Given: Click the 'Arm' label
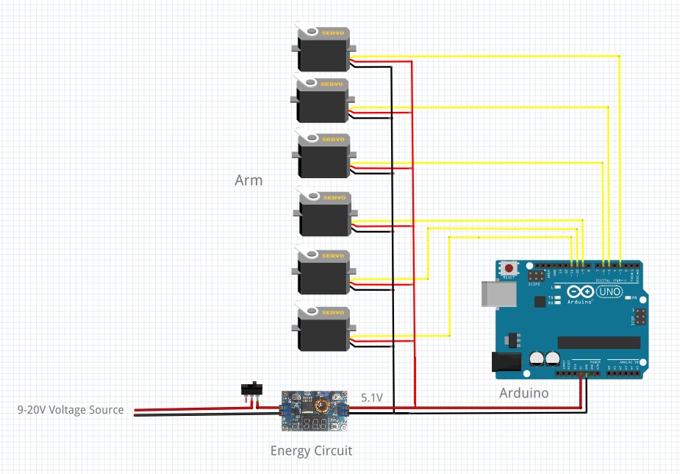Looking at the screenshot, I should pyautogui.click(x=248, y=180).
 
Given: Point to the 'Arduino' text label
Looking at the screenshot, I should pyautogui.click(x=524, y=393).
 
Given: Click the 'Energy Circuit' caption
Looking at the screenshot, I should pyautogui.click(x=311, y=451).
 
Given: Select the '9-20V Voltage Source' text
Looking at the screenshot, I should pyautogui.click(x=71, y=410).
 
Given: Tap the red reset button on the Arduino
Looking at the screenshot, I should pyautogui.click(x=509, y=269).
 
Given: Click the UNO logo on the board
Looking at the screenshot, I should pyautogui.click(x=610, y=292).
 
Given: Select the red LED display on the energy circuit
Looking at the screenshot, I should pyautogui.click(x=314, y=425).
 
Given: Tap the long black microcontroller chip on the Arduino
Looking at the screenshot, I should pyautogui.click(x=598, y=342).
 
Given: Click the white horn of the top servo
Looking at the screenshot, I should pyautogui.click(x=311, y=32).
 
